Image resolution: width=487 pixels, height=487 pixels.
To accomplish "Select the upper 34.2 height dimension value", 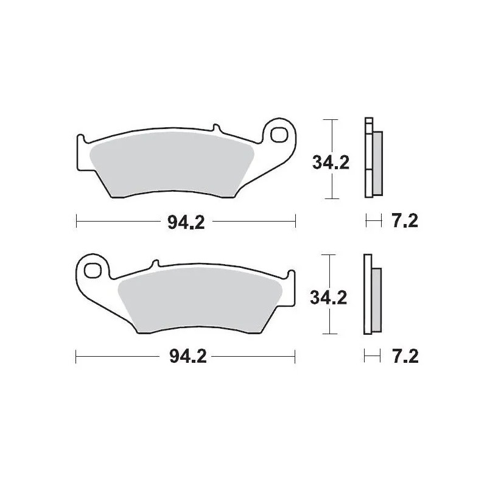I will point(330,163).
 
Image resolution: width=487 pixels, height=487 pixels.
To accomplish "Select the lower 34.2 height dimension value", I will point(329,298).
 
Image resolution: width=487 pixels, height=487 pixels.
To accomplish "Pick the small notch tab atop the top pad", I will point(215,128).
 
